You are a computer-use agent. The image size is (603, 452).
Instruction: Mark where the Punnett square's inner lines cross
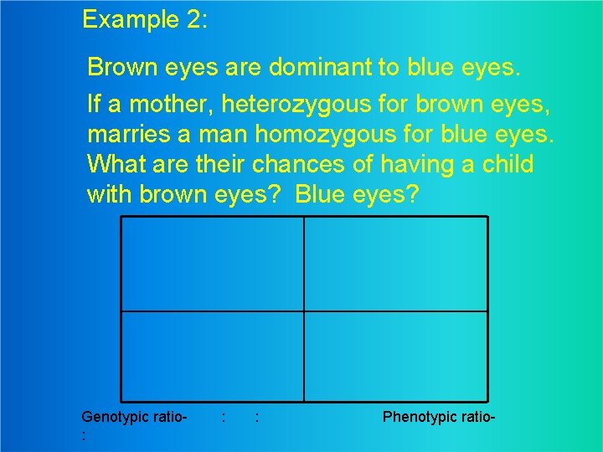pyautogui.click(x=304, y=311)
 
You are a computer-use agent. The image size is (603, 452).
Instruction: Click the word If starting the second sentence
pyautogui.click(x=94, y=105)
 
